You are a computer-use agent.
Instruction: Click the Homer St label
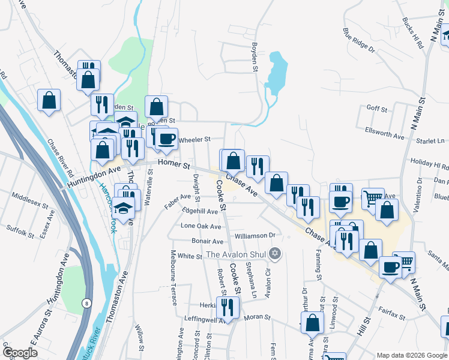(x=173, y=164)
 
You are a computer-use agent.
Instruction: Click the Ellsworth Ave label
(x=385, y=133)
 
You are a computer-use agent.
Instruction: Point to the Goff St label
(x=376, y=108)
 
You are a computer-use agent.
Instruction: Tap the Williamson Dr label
(x=255, y=235)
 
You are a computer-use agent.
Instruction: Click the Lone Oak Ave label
(x=202, y=226)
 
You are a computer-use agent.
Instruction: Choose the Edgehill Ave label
(x=200, y=211)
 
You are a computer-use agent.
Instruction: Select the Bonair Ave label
(x=207, y=241)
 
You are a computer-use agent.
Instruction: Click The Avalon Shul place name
(x=237, y=254)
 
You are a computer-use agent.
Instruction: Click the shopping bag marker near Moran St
(x=313, y=323)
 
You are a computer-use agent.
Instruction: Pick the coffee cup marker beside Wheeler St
(x=167, y=139)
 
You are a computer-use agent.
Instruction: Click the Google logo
(x=20, y=353)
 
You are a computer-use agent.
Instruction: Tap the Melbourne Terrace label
(x=173, y=277)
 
